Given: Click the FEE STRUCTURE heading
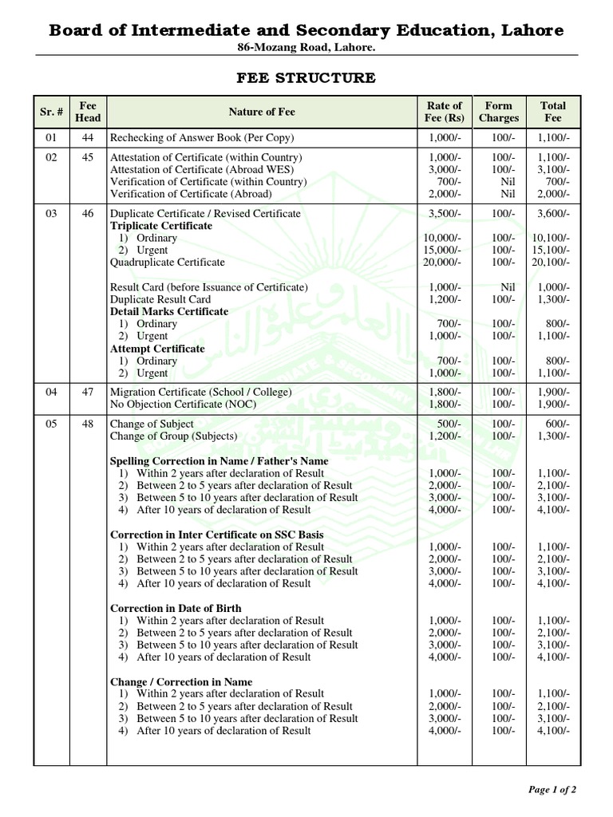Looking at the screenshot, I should (x=306, y=77).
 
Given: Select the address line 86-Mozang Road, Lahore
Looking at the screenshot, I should (x=306, y=49).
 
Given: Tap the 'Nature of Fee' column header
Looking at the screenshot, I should (x=261, y=112).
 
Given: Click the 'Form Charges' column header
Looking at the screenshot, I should (x=498, y=112).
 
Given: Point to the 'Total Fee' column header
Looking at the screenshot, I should (x=552, y=112).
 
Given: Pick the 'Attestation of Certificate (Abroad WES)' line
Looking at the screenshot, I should (x=202, y=170).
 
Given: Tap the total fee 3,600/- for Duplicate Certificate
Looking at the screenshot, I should (x=553, y=214).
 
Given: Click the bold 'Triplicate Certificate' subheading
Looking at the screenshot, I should (x=161, y=226).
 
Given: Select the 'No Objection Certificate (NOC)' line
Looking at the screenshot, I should (x=184, y=405).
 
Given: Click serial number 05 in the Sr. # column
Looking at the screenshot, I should (x=51, y=424).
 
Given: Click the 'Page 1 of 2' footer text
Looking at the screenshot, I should (x=552, y=790).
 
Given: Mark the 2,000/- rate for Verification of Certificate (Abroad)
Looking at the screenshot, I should (x=445, y=194).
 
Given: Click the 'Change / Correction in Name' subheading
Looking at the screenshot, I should (x=181, y=682).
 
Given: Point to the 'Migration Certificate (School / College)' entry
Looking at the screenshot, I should (x=200, y=393).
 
